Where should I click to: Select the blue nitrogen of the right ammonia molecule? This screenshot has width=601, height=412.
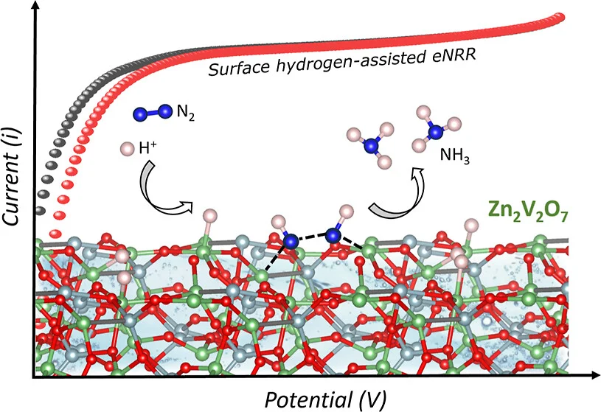pyautogui.click(x=437, y=131)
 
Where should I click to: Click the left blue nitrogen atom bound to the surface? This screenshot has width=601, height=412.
pyautogui.click(x=292, y=240)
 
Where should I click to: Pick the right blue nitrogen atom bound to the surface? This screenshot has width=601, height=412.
pyautogui.click(x=333, y=236)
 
